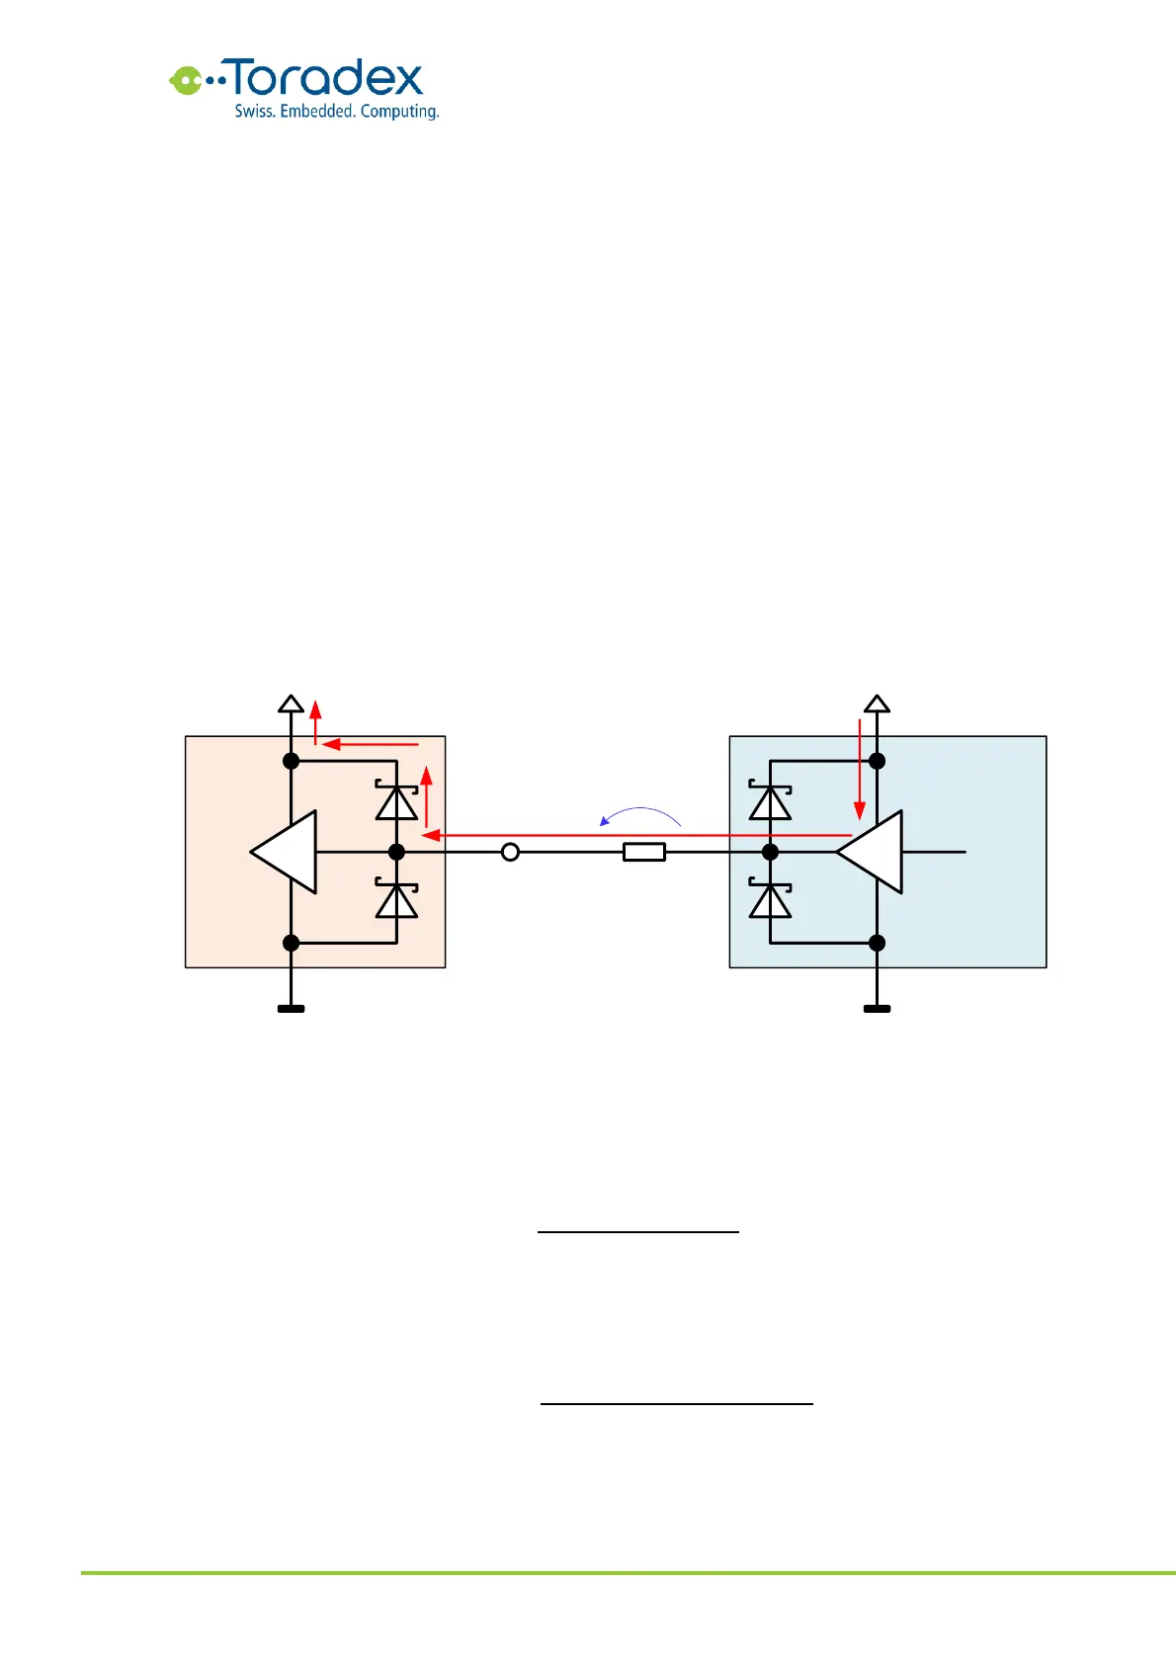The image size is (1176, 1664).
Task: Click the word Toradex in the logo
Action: coord(326,78)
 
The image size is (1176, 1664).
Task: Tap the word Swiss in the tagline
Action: coord(254,112)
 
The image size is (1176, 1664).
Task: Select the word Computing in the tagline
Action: coord(398,112)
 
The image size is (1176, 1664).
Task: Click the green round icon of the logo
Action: coord(185,80)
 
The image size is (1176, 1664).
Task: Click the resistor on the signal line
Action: coord(644,852)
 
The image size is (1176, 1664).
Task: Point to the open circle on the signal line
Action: coord(510,852)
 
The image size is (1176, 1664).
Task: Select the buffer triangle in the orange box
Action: coord(286,852)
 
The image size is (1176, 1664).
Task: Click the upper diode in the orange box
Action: coord(396,801)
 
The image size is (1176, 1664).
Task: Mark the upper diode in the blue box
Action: coord(770,801)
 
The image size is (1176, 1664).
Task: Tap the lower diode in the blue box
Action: coord(770,900)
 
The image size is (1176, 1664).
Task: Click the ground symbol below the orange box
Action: coord(291,1009)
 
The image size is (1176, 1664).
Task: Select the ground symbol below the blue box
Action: coord(877,1009)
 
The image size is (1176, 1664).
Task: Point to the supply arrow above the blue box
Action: coord(877,704)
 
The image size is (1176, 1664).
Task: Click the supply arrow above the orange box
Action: coord(291,704)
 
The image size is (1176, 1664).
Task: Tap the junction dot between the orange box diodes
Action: coord(396,852)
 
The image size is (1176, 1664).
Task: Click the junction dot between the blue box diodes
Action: coord(770,852)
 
